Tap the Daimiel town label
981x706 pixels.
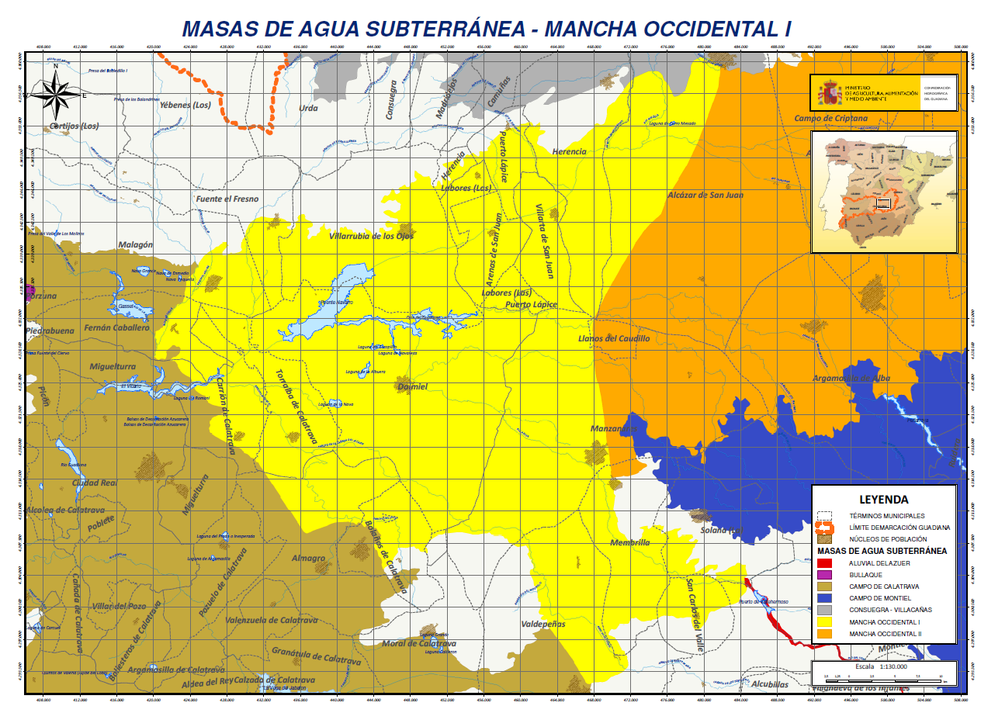(411, 386)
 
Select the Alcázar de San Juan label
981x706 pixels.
(705, 195)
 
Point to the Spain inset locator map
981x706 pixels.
(883, 192)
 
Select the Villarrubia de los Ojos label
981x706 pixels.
(371, 236)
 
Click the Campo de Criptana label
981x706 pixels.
(830, 118)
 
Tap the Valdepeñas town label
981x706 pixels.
(543, 624)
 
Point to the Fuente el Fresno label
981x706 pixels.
(227, 199)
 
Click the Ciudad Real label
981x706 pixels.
(94, 483)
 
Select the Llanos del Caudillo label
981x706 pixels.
(614, 339)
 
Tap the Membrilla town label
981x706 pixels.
(629, 542)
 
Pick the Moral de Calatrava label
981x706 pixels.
(418, 643)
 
